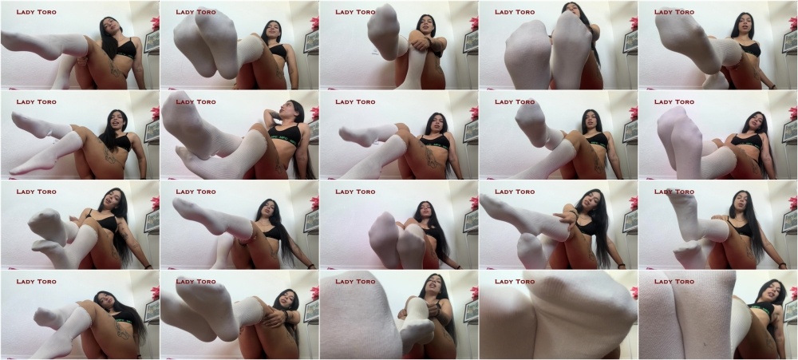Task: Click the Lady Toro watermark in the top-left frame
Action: click(36, 12)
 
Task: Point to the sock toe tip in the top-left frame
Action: click(3, 36)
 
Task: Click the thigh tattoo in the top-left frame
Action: click(115, 68)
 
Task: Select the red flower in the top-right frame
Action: click(794, 22)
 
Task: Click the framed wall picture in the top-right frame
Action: click(790, 42)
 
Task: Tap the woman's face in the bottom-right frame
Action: click(772, 293)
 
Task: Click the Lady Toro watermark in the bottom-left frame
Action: click(36, 282)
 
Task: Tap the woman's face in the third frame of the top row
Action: click(425, 26)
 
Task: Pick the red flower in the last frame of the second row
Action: click(794, 113)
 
